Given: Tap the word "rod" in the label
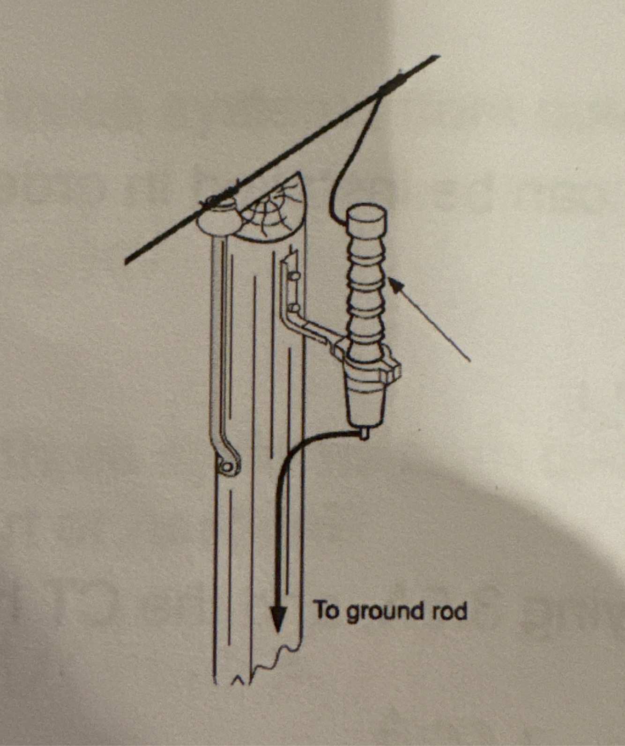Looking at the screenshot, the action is pos(451,611).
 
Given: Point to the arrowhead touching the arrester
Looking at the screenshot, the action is pos(395,283).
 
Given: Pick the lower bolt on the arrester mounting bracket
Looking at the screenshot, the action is pos(293,308).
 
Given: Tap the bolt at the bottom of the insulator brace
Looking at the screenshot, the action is pos(227,466).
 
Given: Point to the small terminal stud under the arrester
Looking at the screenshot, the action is pos(365,434).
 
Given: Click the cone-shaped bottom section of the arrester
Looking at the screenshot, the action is pos(365,402).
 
